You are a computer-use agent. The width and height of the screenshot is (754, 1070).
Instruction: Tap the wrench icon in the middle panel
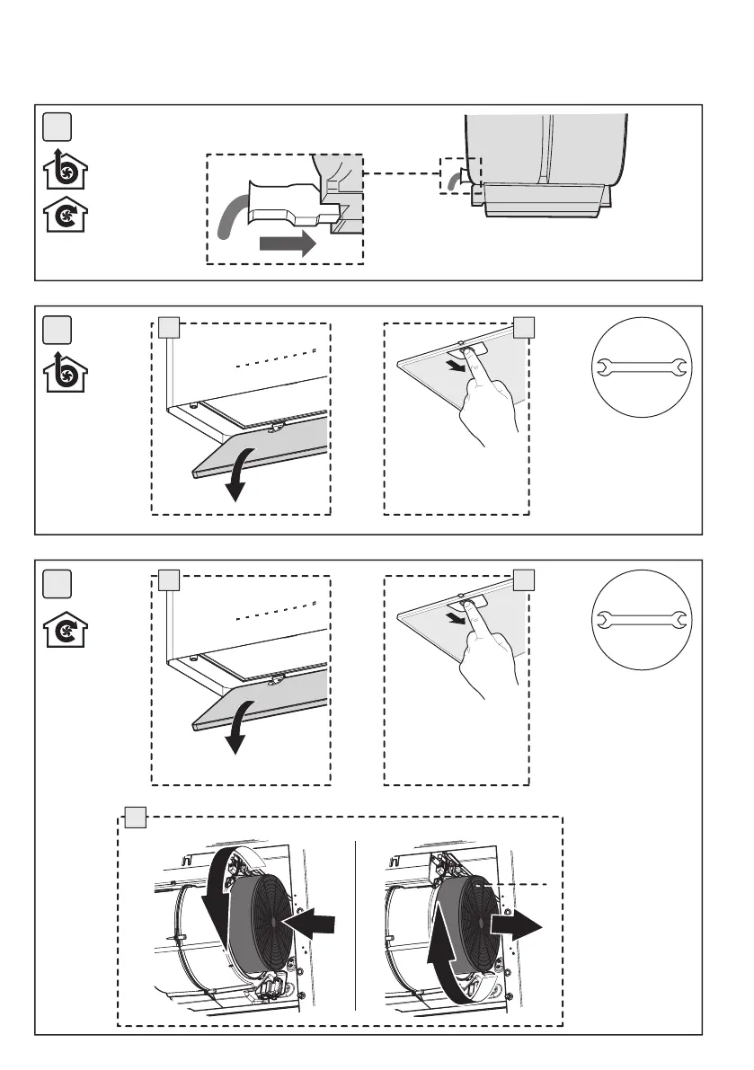click(x=642, y=366)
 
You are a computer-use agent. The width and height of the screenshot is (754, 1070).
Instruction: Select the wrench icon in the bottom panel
click(x=642, y=619)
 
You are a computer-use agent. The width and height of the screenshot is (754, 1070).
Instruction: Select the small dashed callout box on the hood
click(x=460, y=175)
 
